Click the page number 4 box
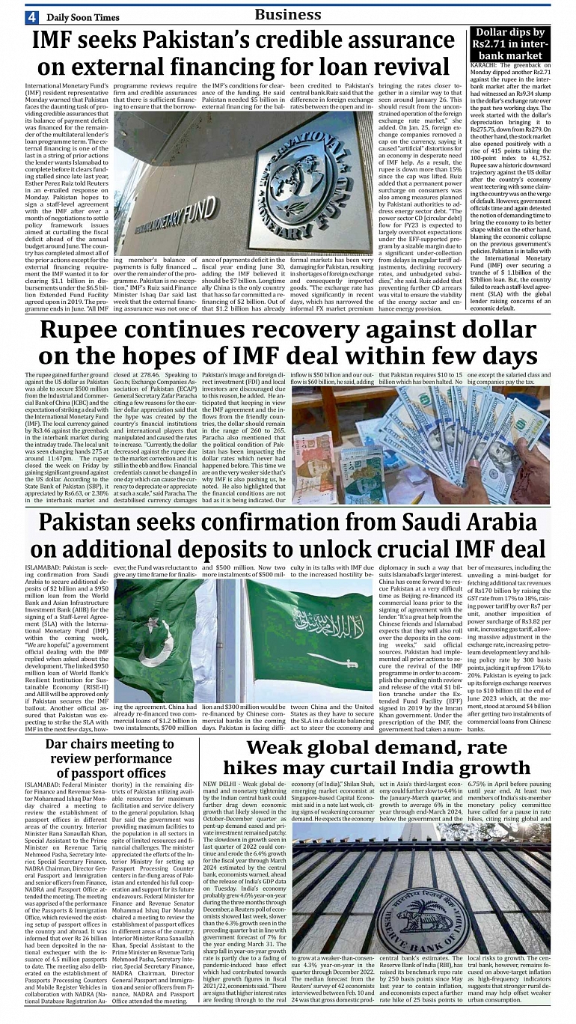tap(31, 16)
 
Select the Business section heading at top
tap(288, 14)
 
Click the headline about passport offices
tap(109, 758)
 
